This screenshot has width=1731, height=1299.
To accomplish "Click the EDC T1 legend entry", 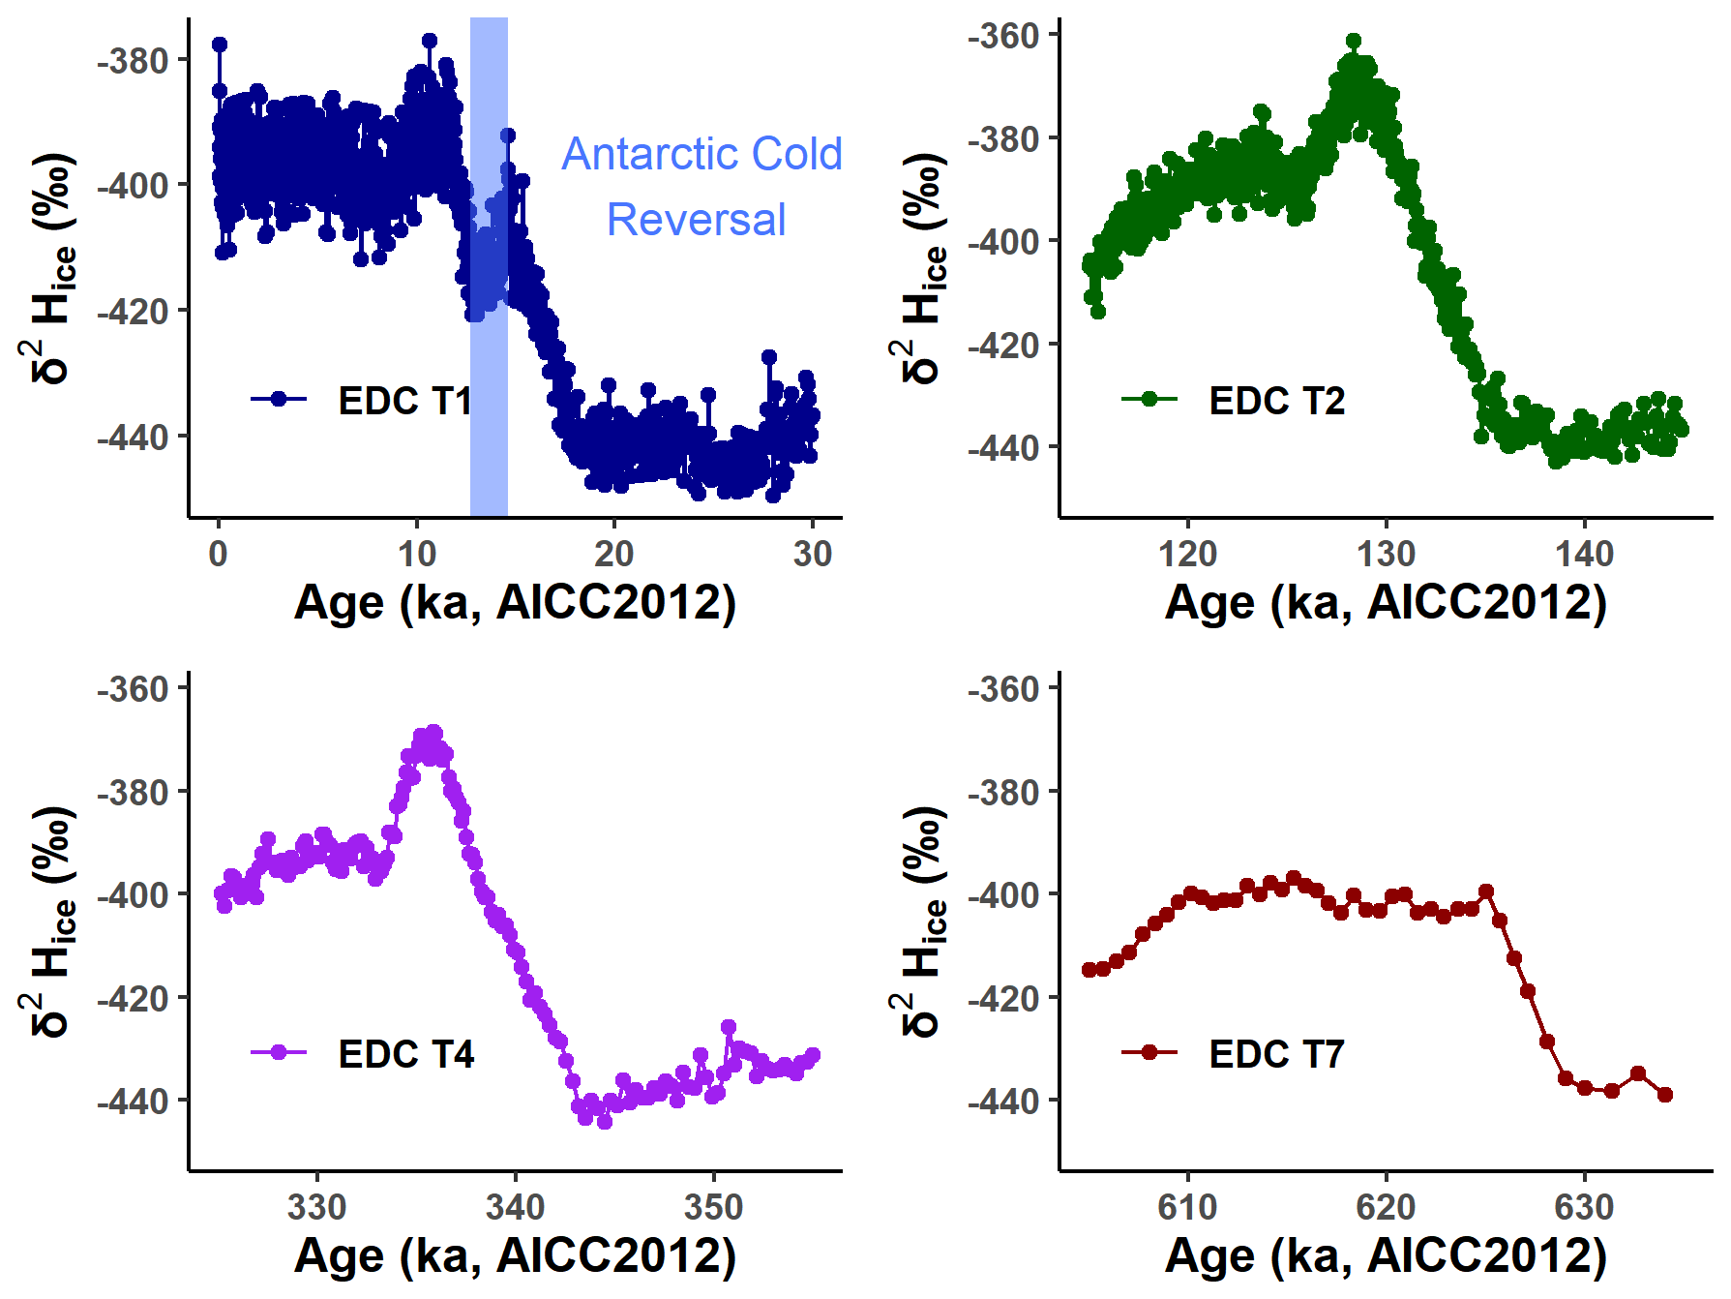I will tap(404, 400).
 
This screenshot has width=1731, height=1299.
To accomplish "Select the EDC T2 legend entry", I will tap(1276, 400).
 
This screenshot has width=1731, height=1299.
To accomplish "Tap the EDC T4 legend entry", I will tap(405, 1053).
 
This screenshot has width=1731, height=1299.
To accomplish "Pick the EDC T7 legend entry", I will tap(1276, 1053).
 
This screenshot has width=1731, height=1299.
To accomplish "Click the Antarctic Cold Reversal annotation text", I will tap(701, 187).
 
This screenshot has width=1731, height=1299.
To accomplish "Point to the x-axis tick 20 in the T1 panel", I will tap(613, 554).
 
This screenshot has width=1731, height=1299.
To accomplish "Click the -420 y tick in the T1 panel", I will tap(134, 311).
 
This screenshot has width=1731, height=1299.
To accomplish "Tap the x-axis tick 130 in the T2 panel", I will tap(1386, 554).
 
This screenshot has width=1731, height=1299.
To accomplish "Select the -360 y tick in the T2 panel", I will tap(1004, 36).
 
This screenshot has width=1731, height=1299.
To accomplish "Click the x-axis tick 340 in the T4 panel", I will tap(515, 1207).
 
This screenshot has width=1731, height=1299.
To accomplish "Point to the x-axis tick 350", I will tap(713, 1207).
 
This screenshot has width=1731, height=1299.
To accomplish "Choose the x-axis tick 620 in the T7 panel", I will tap(1386, 1207).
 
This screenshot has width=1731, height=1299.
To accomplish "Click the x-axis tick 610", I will tap(1187, 1207).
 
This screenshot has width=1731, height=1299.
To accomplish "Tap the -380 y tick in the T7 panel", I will tap(1004, 792).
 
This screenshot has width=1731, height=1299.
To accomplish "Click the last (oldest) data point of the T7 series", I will tap(1665, 1095).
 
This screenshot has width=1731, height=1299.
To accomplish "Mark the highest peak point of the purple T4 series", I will tap(434, 732).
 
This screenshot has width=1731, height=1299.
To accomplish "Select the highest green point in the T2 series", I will tap(1354, 41).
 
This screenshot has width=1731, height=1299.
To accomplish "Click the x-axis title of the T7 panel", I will tap(1386, 1256).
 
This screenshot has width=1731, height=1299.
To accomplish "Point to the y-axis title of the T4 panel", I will tap(48, 921).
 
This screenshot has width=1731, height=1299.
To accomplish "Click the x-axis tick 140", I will tap(1584, 554).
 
